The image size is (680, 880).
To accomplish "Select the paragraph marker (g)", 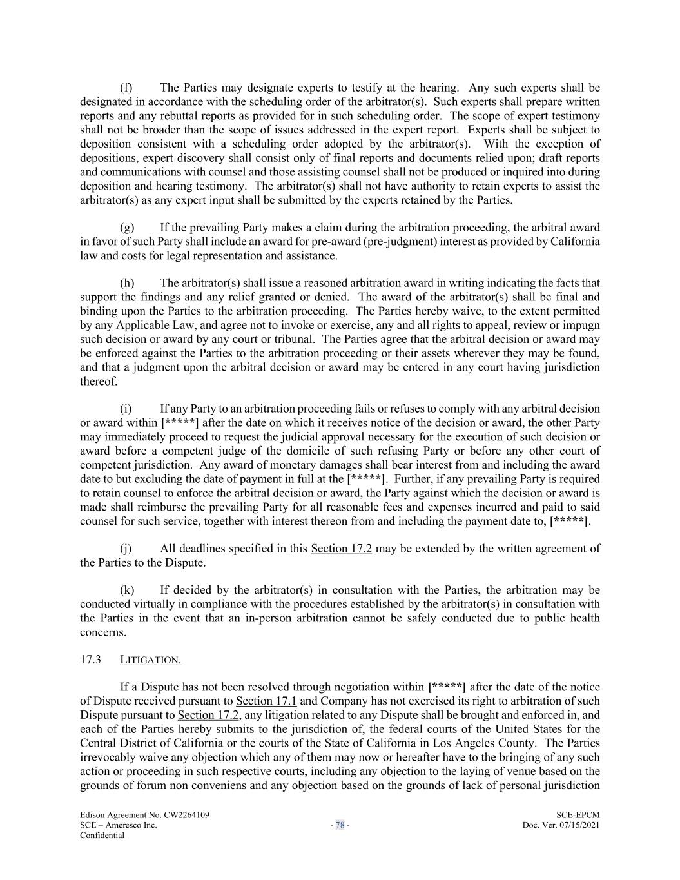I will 127,228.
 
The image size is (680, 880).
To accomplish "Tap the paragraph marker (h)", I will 127,283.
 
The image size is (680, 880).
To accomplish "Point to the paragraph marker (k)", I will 127,591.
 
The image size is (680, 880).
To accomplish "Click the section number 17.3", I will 91,660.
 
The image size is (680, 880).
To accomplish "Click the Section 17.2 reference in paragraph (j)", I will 341,549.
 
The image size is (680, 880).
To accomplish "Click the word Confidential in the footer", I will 102,836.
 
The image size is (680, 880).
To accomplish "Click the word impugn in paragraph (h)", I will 582,325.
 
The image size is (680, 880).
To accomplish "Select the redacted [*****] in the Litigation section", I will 447,687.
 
